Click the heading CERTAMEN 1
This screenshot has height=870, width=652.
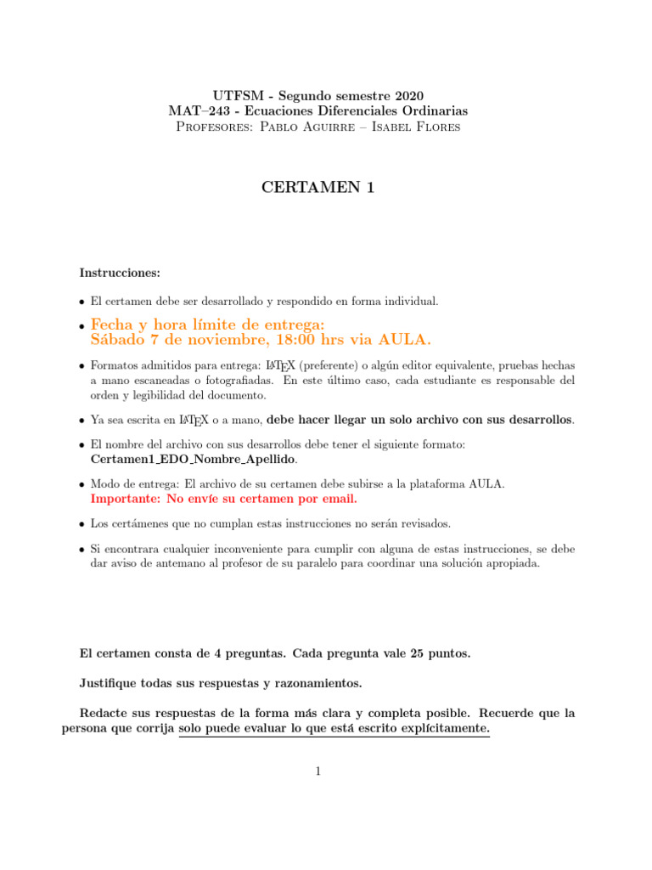[318, 188]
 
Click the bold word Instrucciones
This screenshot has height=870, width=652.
[120, 273]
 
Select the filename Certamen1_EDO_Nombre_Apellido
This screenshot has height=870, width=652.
[194, 459]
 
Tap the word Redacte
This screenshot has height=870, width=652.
[107, 712]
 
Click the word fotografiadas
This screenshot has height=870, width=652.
[231, 380]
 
